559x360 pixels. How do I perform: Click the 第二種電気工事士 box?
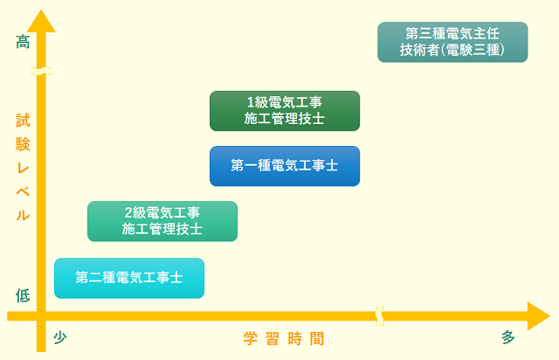[x=128, y=278]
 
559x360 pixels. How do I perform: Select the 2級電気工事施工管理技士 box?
[x=162, y=221]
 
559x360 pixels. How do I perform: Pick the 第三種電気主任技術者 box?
[x=452, y=42]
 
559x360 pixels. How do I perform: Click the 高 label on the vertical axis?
[x=23, y=41]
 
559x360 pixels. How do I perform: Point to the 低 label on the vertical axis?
[x=23, y=295]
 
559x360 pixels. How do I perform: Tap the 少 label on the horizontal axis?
[x=59, y=338]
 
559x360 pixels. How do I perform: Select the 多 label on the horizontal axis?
[x=508, y=338]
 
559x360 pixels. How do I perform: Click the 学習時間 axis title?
[x=284, y=339]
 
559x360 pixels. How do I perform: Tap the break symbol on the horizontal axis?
[x=380, y=315]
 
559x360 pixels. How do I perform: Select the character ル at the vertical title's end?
[x=23, y=214]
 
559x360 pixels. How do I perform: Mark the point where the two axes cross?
[x=40, y=315]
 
